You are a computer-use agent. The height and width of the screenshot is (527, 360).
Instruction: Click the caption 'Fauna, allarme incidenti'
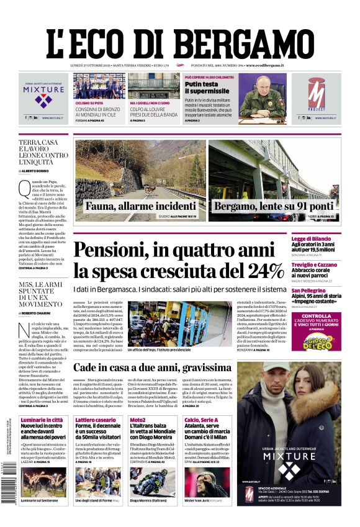(x=140, y=206)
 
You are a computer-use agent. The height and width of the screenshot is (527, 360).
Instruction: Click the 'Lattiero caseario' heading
(x=93, y=420)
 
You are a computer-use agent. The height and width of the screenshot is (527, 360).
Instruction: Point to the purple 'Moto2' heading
(x=138, y=420)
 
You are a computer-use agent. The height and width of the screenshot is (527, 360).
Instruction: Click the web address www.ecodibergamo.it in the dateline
(x=265, y=65)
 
